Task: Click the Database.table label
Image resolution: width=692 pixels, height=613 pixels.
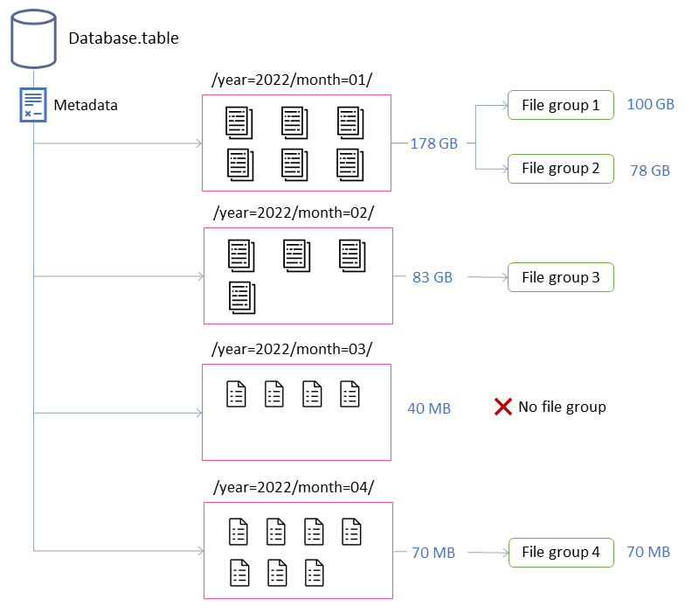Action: click(123, 38)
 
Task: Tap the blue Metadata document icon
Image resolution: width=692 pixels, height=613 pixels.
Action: click(33, 105)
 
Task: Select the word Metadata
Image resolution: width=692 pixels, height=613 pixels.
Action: click(86, 105)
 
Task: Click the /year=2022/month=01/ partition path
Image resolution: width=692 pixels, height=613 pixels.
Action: click(292, 80)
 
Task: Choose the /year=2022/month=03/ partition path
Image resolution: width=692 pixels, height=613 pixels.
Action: click(292, 349)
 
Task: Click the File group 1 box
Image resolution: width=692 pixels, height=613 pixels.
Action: click(561, 105)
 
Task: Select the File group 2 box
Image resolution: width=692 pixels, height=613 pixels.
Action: click(561, 169)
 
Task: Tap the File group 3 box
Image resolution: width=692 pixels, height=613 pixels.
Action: click(561, 277)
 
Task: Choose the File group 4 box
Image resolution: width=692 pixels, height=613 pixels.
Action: click(561, 552)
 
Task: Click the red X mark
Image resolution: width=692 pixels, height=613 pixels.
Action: click(503, 407)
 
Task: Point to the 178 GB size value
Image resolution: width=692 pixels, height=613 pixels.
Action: click(434, 143)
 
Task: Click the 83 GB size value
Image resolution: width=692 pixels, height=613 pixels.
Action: click(432, 277)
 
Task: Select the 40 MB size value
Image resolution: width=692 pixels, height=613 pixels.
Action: click(429, 408)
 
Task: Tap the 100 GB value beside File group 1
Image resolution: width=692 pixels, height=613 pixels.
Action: click(651, 104)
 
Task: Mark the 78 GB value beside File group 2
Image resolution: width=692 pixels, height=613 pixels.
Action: click(650, 171)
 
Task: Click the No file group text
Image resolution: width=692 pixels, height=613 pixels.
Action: click(562, 407)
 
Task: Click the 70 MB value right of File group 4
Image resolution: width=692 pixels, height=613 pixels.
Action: click(648, 552)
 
